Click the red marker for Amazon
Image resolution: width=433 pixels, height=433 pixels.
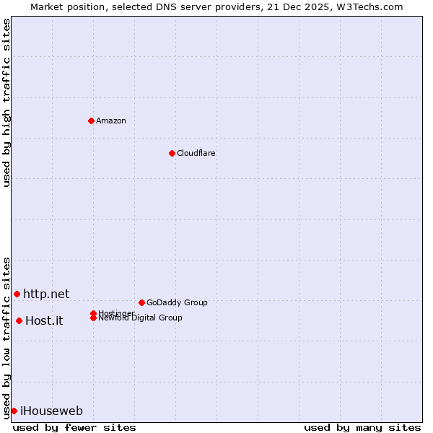[91, 121]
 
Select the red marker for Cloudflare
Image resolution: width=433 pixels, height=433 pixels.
[172, 153]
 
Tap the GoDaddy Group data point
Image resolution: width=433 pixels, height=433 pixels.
[141, 302]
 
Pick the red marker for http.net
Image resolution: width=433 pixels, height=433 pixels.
[17, 294]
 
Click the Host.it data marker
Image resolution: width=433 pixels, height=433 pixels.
[19, 320]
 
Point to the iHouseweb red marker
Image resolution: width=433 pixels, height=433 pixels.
[14, 411]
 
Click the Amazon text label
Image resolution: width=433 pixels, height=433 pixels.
[111, 121]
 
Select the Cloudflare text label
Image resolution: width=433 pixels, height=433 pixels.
[196, 153]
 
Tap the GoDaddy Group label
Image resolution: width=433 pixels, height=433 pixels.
[177, 302]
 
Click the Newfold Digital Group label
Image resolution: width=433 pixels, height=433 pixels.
[140, 318]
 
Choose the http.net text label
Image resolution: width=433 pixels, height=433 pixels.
[46, 294]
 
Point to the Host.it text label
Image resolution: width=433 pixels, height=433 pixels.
[44, 321]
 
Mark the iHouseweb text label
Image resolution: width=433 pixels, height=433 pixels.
[51, 411]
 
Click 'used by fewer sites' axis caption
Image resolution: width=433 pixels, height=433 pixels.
[74, 427]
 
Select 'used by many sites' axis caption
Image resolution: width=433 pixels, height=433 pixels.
[362, 427]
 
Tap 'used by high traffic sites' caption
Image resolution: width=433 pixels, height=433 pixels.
[7, 102]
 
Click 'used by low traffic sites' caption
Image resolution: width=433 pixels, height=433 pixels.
[7, 338]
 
